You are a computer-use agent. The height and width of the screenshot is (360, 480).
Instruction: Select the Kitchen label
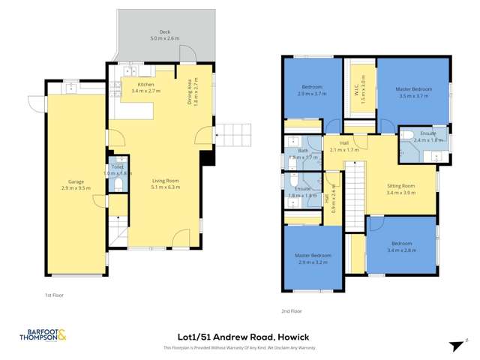point(142,88)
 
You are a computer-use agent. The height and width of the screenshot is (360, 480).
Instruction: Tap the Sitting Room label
point(400,188)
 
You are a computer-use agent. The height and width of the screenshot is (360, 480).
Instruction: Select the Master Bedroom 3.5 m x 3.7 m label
point(413,93)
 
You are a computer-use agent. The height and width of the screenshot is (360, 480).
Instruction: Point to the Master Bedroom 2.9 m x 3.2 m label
point(315,259)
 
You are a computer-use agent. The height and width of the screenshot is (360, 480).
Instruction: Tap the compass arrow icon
point(453,345)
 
